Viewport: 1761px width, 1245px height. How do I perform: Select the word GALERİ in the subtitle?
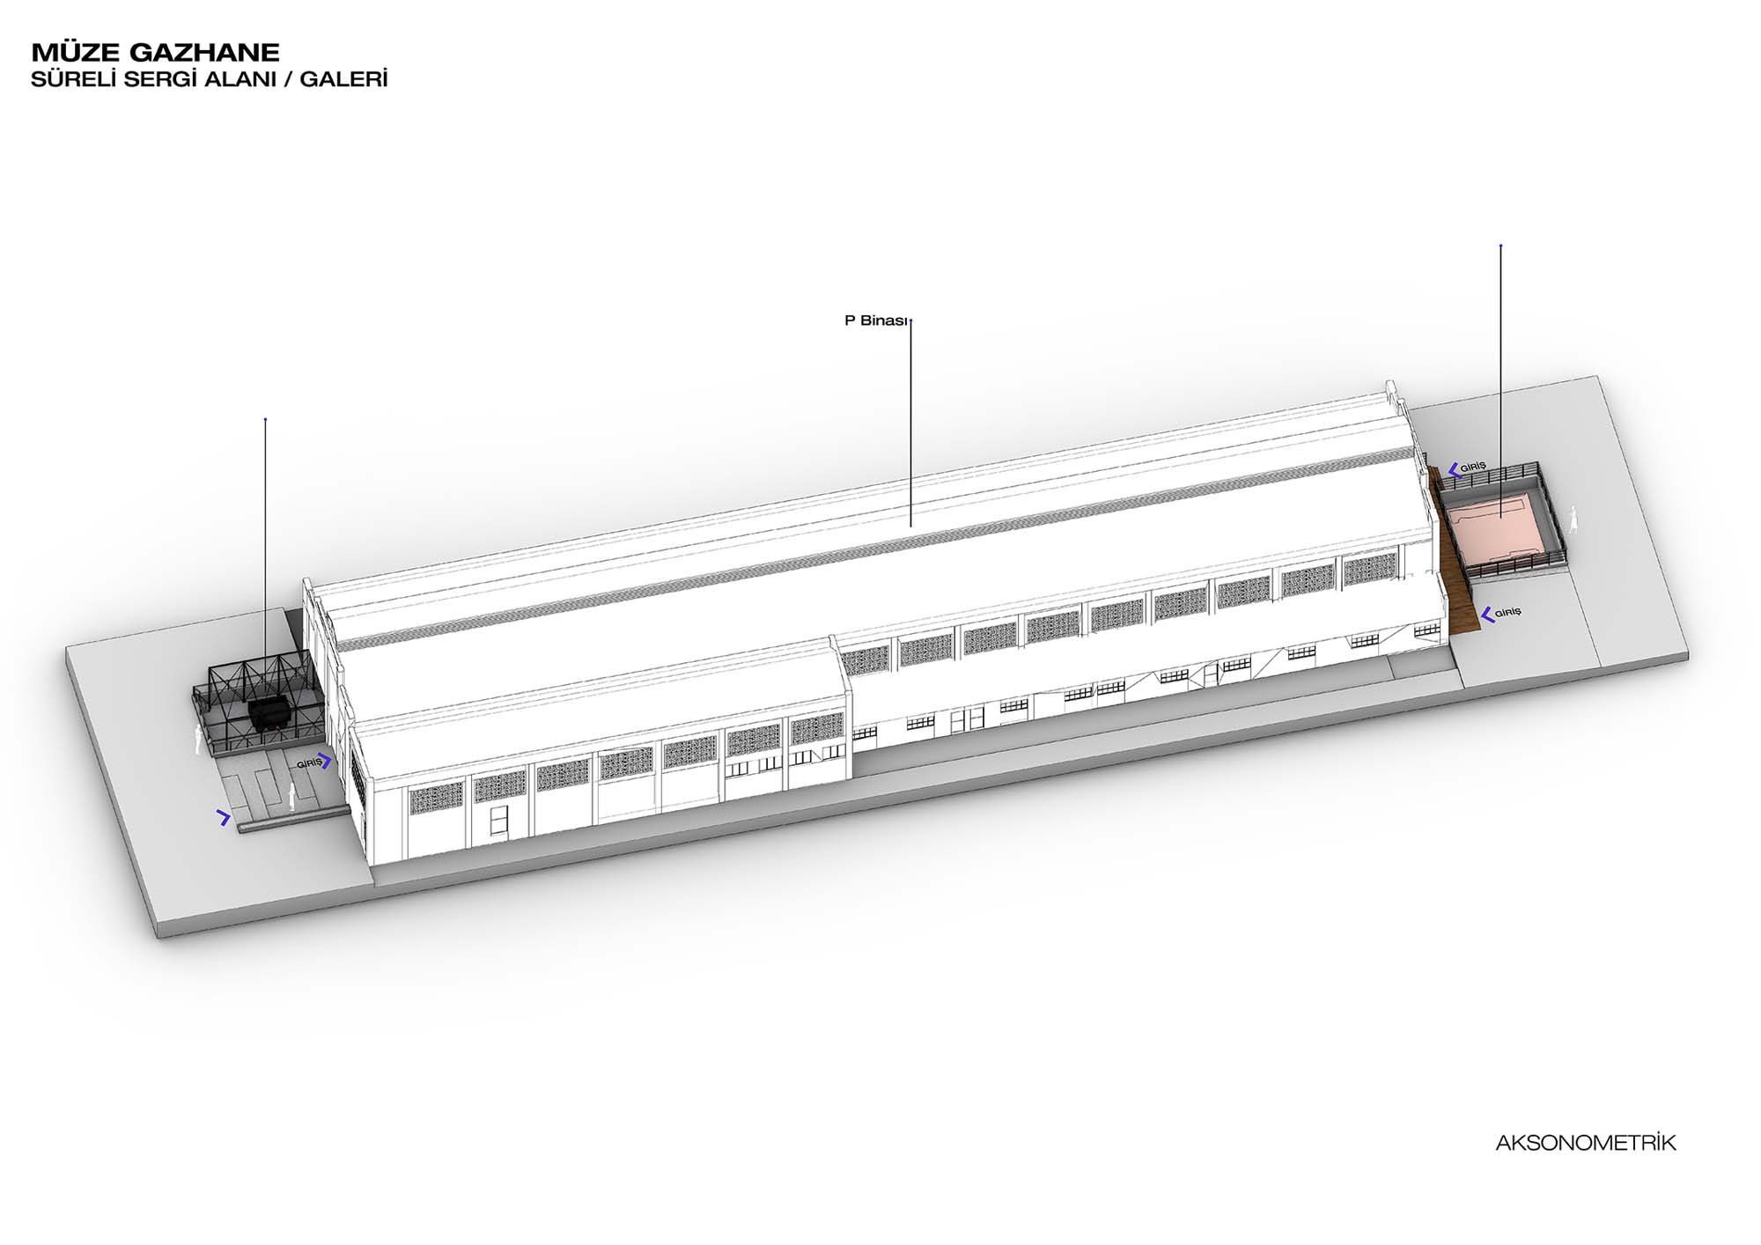[343, 78]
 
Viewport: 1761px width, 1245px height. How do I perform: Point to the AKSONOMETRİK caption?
[1586, 1143]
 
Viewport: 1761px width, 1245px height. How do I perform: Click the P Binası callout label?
[875, 320]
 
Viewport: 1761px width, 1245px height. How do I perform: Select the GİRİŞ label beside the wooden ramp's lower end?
[1508, 612]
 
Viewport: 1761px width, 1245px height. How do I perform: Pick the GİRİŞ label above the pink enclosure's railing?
[1473, 467]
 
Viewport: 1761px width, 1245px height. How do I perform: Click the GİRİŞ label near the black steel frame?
[309, 763]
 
